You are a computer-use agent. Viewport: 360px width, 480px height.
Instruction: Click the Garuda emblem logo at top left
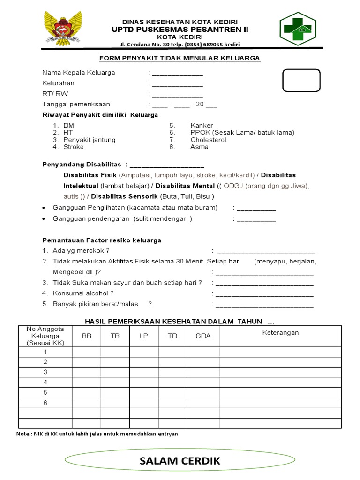click(x=63, y=29)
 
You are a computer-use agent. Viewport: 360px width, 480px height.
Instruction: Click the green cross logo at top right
click(x=298, y=29)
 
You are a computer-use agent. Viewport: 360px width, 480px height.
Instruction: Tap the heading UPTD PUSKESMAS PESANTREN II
click(x=180, y=30)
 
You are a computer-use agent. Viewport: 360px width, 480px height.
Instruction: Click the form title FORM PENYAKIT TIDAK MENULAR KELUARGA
click(x=180, y=58)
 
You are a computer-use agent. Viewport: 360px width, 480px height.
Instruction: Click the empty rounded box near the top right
click(x=301, y=80)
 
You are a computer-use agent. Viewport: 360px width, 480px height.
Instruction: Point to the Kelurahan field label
click(x=59, y=83)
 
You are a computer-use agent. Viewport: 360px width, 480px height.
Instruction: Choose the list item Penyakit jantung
click(x=90, y=140)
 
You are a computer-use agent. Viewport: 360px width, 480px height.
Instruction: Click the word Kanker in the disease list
click(x=202, y=126)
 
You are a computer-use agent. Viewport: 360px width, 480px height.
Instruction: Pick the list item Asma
click(x=199, y=147)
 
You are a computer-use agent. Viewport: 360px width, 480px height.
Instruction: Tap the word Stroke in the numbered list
click(x=74, y=147)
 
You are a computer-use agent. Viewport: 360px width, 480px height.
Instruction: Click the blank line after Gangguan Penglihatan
click(x=256, y=208)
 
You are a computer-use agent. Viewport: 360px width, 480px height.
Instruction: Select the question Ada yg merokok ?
click(x=82, y=251)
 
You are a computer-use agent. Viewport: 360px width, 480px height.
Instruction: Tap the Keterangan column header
click(x=280, y=333)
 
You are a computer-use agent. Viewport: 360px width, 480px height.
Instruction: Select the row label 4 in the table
click(x=45, y=382)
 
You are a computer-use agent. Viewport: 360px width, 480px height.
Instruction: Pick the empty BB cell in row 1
click(x=87, y=352)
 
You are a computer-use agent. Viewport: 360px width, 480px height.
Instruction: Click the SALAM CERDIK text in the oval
click(x=180, y=461)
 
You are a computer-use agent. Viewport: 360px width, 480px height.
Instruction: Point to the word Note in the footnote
click(x=22, y=434)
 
